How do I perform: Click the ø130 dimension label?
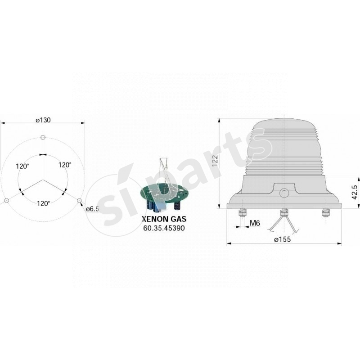coord(43,120)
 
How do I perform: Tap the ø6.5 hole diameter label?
coord(92,208)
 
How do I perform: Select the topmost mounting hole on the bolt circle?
coord(43,137)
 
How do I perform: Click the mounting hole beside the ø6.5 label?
coord(79,201)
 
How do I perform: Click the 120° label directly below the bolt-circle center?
coord(43,203)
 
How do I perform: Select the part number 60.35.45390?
coord(164,228)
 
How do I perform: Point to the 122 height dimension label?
coord(215,161)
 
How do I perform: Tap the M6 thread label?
coord(255,223)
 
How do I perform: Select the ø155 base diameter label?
coord(283,239)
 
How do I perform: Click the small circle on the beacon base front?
coord(284,193)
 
